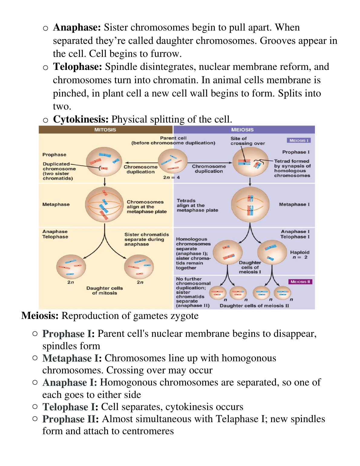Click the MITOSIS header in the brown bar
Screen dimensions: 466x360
click(x=105, y=130)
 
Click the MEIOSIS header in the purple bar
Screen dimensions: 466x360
click(x=242, y=130)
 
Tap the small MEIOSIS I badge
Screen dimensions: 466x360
click(x=299, y=140)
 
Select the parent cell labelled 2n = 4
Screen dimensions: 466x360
click(x=173, y=162)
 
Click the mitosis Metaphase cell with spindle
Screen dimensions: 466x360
click(x=104, y=205)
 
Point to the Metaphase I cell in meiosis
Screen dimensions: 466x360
click(x=250, y=205)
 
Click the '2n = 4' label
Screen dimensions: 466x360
click(x=171, y=178)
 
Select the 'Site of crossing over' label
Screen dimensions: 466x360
click(x=247, y=141)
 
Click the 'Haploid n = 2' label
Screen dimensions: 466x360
click(x=300, y=255)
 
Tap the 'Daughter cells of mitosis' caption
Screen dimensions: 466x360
click(x=105, y=290)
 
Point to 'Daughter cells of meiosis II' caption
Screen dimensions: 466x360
click(x=254, y=306)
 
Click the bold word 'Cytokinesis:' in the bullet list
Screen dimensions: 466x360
click(x=81, y=120)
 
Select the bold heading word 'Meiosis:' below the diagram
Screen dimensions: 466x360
click(x=40, y=316)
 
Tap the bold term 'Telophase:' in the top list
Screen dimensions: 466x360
click(x=77, y=67)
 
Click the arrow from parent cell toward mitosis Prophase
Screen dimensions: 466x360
click(x=141, y=163)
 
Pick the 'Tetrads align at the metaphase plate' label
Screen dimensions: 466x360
click(x=197, y=205)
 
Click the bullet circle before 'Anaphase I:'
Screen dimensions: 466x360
click(x=35, y=382)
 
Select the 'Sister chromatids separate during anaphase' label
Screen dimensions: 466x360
click(x=146, y=239)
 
